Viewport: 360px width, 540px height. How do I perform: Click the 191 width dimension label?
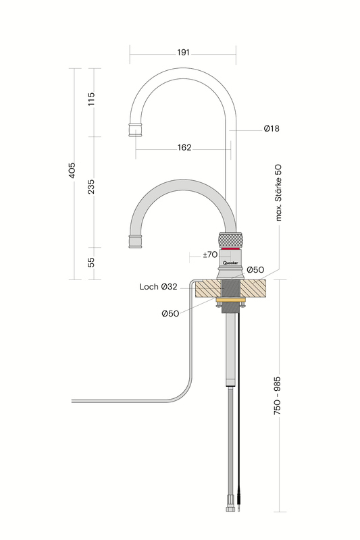click(x=183, y=53)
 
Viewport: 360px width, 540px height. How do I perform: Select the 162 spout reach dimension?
click(x=184, y=147)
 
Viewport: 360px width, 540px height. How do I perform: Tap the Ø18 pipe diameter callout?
click(x=272, y=128)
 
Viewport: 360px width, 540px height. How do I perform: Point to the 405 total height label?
click(x=72, y=171)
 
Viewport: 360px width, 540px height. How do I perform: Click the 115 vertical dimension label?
click(x=91, y=99)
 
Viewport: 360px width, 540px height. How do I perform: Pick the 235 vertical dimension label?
click(x=91, y=186)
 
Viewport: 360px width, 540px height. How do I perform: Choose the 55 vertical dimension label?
click(x=91, y=262)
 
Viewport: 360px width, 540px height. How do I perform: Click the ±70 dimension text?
click(x=210, y=254)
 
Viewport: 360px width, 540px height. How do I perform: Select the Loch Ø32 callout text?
click(x=159, y=286)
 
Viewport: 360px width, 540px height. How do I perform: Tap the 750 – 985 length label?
click(x=277, y=396)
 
